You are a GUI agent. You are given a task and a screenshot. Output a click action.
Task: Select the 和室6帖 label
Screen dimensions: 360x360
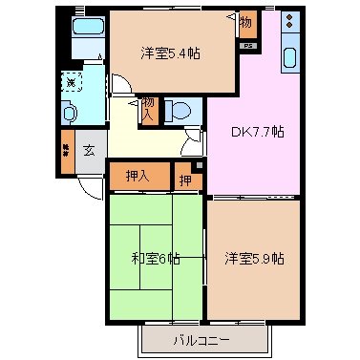click(156, 257)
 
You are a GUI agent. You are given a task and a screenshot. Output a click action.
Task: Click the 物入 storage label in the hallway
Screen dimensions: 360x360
click(150, 109)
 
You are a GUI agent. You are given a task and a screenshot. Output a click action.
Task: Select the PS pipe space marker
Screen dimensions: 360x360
click(248, 46)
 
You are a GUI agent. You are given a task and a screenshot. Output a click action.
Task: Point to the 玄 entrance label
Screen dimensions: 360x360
click(88, 150)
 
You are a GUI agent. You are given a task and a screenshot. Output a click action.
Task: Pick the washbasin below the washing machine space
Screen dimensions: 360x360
click(70, 113)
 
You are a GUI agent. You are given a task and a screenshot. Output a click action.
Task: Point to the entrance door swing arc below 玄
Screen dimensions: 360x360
click(88, 188)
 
